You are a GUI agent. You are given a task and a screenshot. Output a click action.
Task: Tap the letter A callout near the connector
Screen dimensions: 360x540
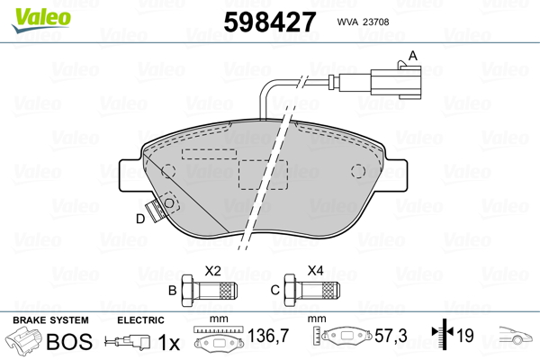click(x=414, y=56)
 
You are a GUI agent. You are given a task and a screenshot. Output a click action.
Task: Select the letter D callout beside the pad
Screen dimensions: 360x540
click(x=140, y=219)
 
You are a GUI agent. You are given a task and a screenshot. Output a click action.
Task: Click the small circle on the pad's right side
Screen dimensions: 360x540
click(x=358, y=171)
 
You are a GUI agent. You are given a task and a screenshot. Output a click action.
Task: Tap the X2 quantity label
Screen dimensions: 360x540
click(x=213, y=270)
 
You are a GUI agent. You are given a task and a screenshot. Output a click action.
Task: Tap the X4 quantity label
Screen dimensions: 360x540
click(x=316, y=270)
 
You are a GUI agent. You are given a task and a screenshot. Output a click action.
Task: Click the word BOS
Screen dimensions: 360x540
click(x=69, y=342)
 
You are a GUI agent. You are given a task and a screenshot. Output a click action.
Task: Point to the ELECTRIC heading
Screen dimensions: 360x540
click(x=139, y=320)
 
